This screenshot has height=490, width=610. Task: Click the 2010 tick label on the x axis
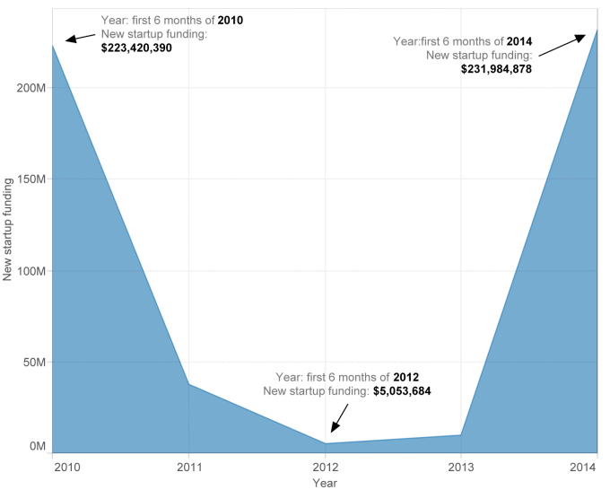(67, 467)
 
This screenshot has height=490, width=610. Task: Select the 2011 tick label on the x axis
(189, 467)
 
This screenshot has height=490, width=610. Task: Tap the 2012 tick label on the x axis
(326, 467)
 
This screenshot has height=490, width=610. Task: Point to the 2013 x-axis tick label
(461, 467)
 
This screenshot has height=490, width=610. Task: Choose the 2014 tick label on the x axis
(583, 467)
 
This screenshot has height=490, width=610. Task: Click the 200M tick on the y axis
(31, 88)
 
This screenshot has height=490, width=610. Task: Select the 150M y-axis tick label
(31, 179)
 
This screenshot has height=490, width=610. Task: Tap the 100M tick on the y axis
(31, 271)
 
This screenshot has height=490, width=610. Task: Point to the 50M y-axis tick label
(34, 363)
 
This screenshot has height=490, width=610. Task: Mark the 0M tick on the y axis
(38, 446)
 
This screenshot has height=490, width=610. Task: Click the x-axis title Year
(325, 483)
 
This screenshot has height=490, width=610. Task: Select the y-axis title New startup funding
(8, 229)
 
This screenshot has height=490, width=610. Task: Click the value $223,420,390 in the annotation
(136, 48)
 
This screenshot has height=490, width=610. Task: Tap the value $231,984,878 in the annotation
(496, 69)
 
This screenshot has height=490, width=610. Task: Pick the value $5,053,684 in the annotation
(402, 390)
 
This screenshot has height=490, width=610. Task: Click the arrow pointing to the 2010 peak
(80, 38)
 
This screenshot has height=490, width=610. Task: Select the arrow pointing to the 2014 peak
(562, 46)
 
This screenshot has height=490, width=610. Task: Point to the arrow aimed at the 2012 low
(340, 418)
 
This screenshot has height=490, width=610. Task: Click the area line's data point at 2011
(189, 384)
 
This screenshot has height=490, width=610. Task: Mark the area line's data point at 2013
(461, 435)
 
